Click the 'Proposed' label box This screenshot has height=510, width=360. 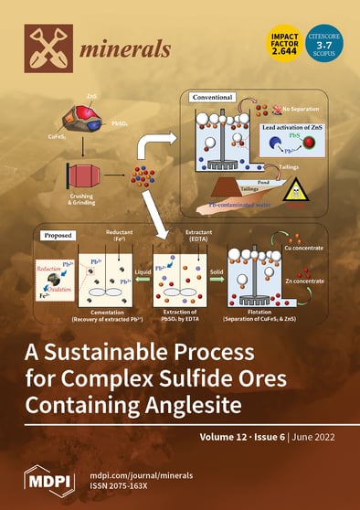pyautogui.click(x=54, y=234)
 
